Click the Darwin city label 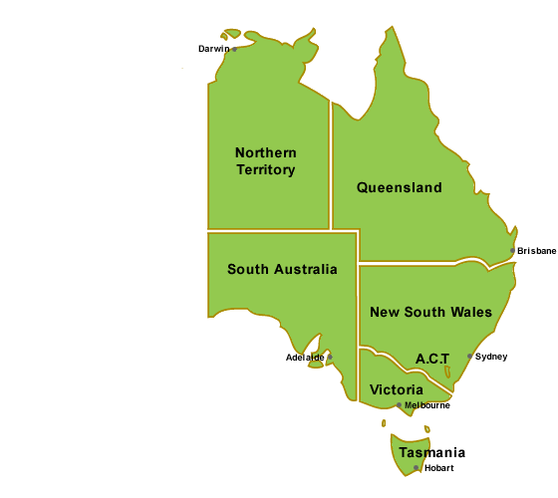point(213,48)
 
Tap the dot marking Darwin point(234,48)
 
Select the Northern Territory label point(266,160)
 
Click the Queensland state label point(399,187)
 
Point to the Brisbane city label point(536,251)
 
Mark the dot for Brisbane point(513,251)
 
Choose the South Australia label point(282,269)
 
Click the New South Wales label point(430,312)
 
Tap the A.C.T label point(432,358)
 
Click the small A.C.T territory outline point(447,373)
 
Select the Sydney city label point(491,357)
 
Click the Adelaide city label point(305,357)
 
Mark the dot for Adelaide point(330,357)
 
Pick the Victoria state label point(396,388)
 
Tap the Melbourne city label point(427,405)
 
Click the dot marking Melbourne point(400,405)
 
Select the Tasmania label point(429,452)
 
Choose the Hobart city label point(438,468)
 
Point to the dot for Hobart point(417,467)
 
